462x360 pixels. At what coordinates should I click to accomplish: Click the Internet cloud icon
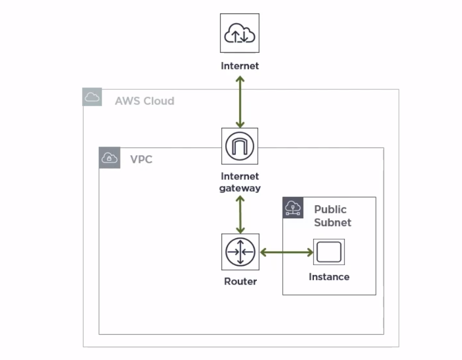click(240, 33)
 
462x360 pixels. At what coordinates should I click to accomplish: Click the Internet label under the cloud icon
click(240, 66)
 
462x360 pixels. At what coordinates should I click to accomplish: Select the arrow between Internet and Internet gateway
click(240, 101)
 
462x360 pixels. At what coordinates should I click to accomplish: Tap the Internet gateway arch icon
click(240, 146)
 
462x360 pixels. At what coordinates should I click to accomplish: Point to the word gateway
click(240, 188)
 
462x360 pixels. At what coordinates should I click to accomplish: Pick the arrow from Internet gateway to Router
click(240, 214)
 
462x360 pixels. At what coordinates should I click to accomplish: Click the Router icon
click(240, 252)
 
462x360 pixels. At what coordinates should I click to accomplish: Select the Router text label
click(240, 281)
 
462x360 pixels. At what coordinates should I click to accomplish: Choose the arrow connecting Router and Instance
click(286, 252)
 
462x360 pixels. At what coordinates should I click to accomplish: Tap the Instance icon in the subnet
click(329, 252)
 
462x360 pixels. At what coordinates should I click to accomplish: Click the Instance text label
click(329, 276)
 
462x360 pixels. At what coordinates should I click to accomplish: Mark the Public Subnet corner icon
click(293, 207)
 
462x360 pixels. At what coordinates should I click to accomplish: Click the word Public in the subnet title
click(331, 209)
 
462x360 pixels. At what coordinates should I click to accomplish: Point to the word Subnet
click(333, 222)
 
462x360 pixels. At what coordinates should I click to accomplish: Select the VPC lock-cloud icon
click(110, 158)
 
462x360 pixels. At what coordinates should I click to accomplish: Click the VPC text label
click(142, 160)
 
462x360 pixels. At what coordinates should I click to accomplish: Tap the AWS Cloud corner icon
click(92, 98)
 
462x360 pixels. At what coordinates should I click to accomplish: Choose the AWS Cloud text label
click(144, 101)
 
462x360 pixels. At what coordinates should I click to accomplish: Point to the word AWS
click(126, 101)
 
